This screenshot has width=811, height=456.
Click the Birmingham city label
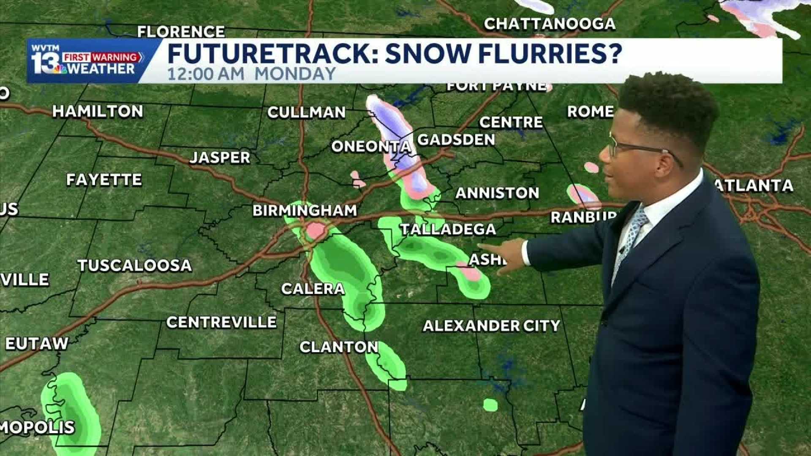coord(305,210)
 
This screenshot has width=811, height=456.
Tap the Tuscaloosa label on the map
coord(134,266)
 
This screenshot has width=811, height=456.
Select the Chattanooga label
coord(549,24)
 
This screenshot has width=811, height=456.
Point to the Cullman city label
coord(306,112)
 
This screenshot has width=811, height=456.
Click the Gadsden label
coord(456,140)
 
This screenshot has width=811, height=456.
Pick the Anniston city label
coord(497,193)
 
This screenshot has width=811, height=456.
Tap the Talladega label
coord(448,229)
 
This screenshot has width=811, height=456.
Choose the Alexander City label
coord(491,326)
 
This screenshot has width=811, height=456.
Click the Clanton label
coord(339,347)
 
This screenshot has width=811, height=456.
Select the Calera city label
coord(313,289)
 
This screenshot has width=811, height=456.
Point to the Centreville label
coord(221,322)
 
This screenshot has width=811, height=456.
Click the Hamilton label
coord(98,111)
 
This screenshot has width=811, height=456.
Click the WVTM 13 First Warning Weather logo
coord(87,60)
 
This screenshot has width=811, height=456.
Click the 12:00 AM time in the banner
coord(206,74)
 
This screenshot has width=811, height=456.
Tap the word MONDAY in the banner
coord(295,74)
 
